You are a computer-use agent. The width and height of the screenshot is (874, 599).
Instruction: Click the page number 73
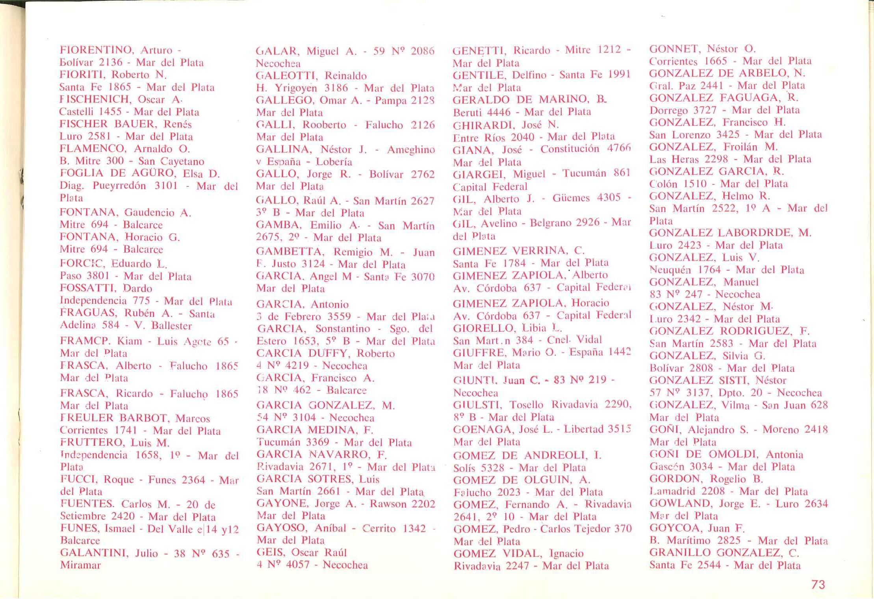pos(818,584)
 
